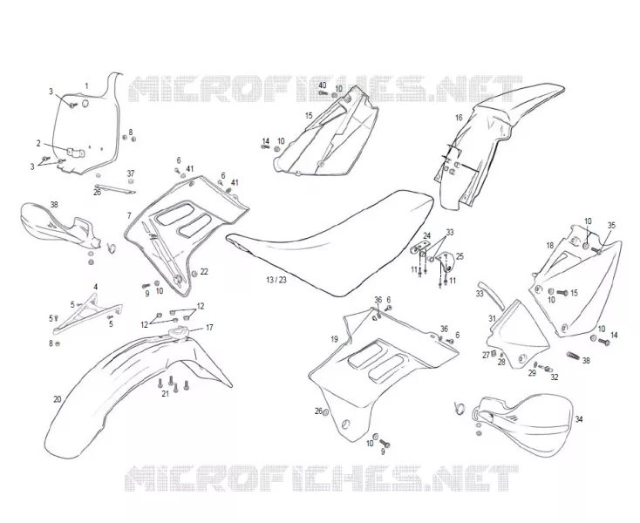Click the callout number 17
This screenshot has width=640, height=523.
point(209,328)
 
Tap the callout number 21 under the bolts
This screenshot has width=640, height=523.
point(165,394)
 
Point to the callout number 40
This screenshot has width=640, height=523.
point(323,85)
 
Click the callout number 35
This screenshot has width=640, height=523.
point(611,225)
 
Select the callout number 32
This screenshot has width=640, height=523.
point(555,377)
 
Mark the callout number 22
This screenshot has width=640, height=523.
point(204,271)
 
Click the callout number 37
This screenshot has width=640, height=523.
point(130,173)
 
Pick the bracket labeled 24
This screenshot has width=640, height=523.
point(421,248)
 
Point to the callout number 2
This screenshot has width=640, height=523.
point(38,143)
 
